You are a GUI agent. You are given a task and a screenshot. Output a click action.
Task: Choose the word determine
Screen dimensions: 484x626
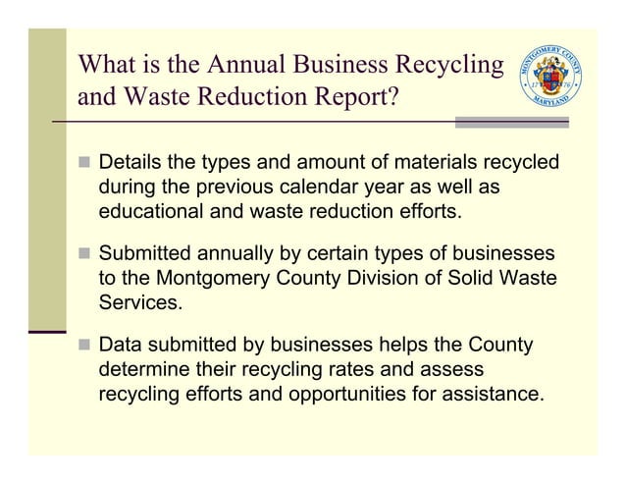(x=144, y=371)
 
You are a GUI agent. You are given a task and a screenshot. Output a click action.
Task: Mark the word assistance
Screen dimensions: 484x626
(x=494, y=396)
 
